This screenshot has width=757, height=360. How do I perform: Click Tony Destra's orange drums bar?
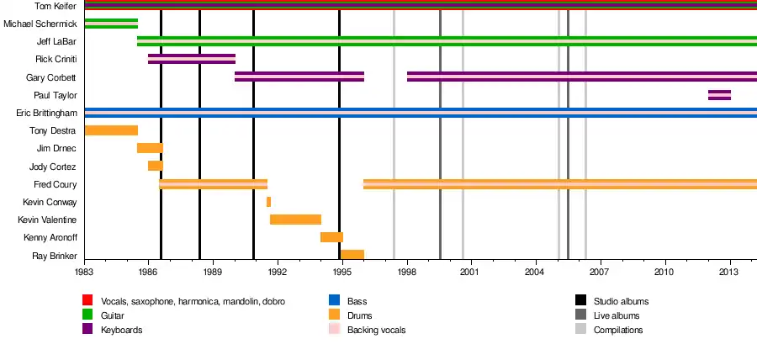click(x=111, y=130)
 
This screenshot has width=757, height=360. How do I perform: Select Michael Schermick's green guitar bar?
click(x=111, y=24)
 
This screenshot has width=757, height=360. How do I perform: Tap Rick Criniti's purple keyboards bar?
click(x=192, y=59)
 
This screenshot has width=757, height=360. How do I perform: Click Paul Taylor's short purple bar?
click(x=719, y=95)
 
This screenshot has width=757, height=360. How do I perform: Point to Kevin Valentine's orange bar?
click(x=295, y=220)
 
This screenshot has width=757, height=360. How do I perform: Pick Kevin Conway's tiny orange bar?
click(x=268, y=202)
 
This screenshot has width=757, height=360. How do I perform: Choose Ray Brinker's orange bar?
click(x=352, y=255)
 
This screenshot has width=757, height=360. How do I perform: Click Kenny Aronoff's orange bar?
click(x=331, y=237)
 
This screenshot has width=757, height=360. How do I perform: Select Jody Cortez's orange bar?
click(x=156, y=166)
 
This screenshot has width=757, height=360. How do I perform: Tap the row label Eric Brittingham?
click(x=46, y=113)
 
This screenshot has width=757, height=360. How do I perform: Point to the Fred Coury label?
click(x=56, y=184)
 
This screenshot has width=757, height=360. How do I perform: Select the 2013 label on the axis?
click(x=729, y=273)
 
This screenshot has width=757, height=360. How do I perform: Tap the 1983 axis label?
click(x=84, y=273)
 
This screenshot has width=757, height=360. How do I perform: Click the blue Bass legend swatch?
click(x=334, y=300)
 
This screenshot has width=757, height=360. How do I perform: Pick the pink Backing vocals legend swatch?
click(x=334, y=330)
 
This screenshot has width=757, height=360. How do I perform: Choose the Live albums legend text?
click(x=616, y=315)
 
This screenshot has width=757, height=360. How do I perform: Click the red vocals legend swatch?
click(x=87, y=300)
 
